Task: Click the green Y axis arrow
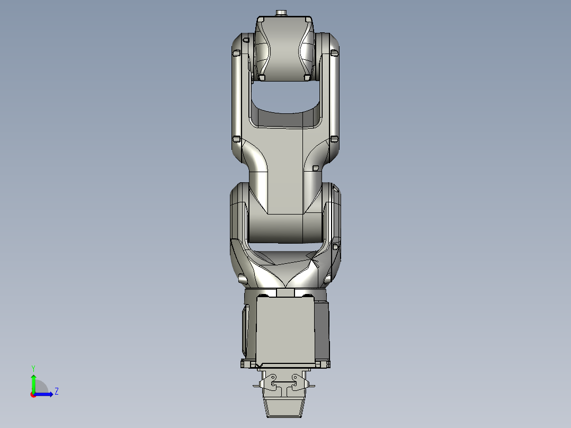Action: coord(33,380)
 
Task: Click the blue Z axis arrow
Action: coord(46,394)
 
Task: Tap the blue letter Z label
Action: coord(57,391)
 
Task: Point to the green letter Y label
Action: coord(33,368)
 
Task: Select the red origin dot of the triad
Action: coord(33,395)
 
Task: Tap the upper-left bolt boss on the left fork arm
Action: coord(237,52)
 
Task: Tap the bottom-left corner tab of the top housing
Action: coord(262,78)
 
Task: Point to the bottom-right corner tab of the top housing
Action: coord(306,78)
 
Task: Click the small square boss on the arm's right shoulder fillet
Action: coord(316,168)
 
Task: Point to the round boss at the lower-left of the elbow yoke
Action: coord(243,278)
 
